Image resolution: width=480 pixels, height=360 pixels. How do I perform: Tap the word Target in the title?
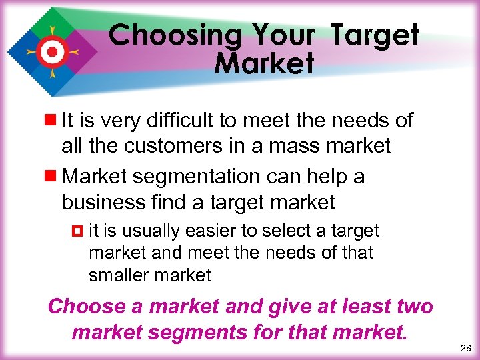(375, 35)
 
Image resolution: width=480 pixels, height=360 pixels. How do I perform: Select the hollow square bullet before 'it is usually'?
(75, 231)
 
